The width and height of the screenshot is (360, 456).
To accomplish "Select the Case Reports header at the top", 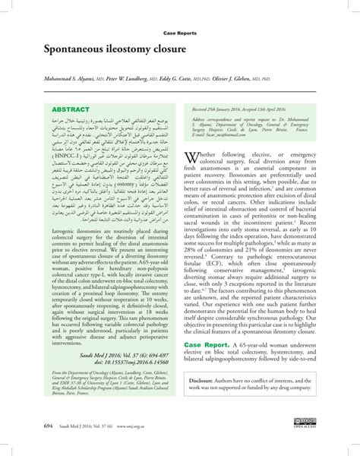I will [180, 33].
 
